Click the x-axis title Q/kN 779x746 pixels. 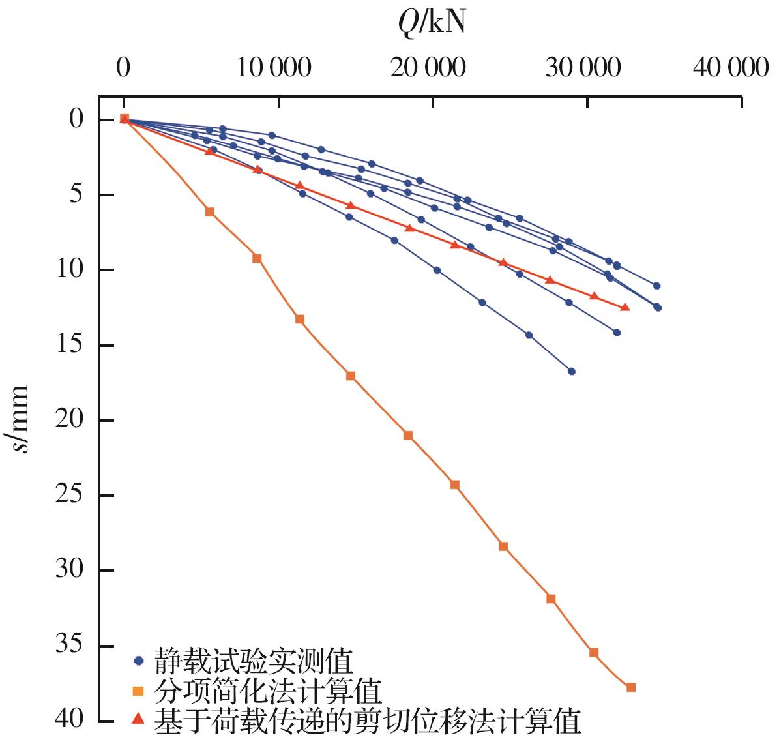coord(432,23)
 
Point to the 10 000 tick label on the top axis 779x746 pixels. coord(273,67)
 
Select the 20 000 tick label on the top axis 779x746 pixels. coord(428,67)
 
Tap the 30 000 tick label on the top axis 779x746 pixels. coord(582,67)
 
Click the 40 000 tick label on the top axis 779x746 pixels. coord(730,67)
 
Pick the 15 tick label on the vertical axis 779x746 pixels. coord(70,345)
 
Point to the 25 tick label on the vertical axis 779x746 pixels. coord(70,496)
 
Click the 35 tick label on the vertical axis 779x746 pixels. coord(70,646)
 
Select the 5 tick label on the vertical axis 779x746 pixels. coord(77,195)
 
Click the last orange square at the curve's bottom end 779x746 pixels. coord(630,687)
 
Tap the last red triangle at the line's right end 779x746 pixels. coord(625,307)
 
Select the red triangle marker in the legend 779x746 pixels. coord(138,719)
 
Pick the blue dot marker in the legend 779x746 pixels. coord(138,661)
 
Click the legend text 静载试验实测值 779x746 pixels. coord(254,661)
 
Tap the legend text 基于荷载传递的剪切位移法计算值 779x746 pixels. coord(367,721)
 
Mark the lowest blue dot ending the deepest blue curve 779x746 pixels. coord(572,371)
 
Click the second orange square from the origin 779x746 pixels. coord(257,258)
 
